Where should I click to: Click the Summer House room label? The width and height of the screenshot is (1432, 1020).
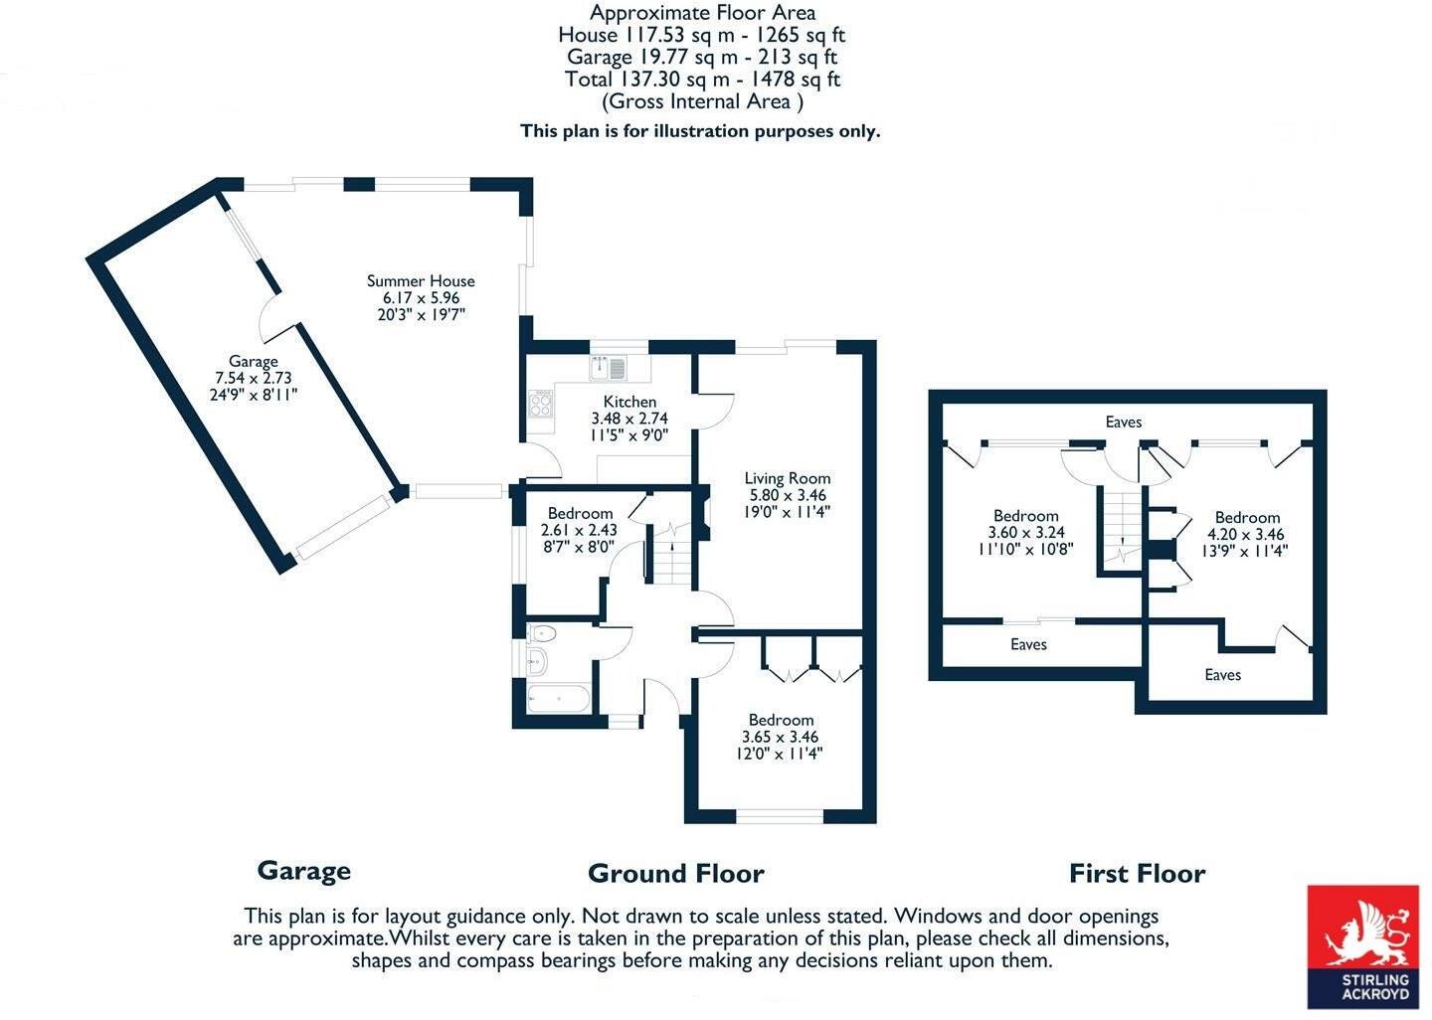click(x=421, y=280)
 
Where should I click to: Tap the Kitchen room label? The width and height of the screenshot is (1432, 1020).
click(x=629, y=402)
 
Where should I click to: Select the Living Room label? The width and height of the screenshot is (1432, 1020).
click(x=788, y=478)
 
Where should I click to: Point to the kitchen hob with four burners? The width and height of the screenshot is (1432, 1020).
click(x=540, y=404)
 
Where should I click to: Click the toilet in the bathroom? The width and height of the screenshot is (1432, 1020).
click(x=542, y=634)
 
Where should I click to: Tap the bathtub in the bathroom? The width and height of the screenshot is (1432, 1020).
click(x=559, y=699)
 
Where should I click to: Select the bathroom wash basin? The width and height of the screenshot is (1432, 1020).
click(x=537, y=660)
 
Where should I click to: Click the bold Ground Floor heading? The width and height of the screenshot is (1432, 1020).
click(x=676, y=874)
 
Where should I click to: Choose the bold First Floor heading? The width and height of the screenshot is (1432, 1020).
click(x=1138, y=874)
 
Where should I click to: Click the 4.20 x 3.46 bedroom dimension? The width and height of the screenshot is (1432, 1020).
click(x=1245, y=534)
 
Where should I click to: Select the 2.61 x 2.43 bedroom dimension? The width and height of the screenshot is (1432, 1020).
click(x=579, y=530)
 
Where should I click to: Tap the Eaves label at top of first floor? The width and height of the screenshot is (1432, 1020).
click(x=1124, y=422)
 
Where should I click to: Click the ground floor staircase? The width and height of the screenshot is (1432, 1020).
click(x=672, y=554)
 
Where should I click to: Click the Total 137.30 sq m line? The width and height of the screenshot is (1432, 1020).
click(x=702, y=80)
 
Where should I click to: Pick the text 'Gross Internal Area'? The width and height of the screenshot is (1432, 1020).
click(x=702, y=101)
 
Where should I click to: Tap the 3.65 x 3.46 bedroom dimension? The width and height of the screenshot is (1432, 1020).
click(x=780, y=737)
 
